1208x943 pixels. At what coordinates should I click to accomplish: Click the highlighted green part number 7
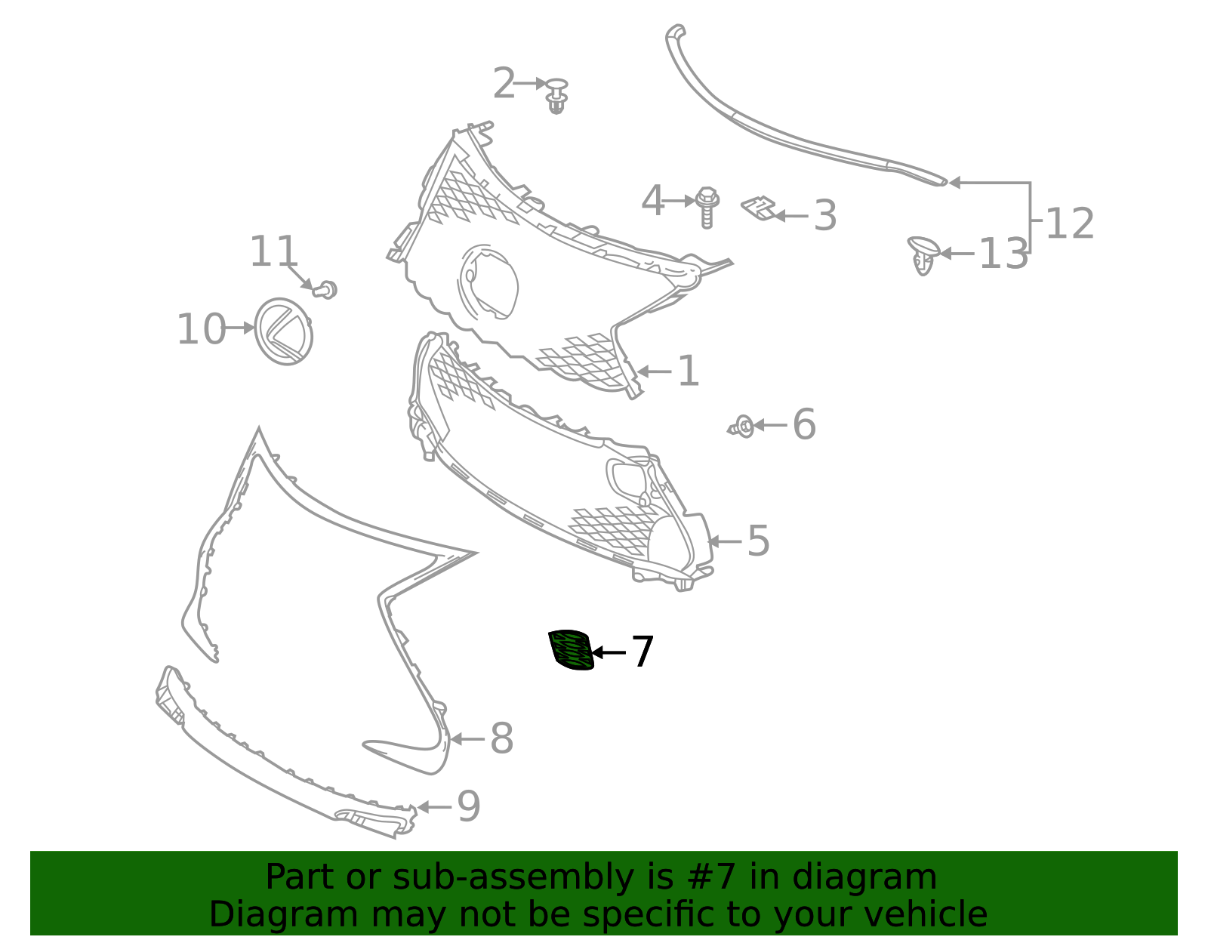(x=571, y=649)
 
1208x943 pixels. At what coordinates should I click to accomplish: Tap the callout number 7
(x=642, y=652)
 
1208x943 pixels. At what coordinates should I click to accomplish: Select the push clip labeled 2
(x=557, y=95)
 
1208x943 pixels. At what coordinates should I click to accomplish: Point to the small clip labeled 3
(x=760, y=208)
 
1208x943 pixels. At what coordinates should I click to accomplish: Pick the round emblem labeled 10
(x=284, y=331)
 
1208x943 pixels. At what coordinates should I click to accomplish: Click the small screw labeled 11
(x=325, y=289)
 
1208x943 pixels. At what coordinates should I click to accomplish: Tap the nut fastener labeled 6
(x=743, y=427)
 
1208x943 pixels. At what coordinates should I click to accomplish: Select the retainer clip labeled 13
(x=923, y=254)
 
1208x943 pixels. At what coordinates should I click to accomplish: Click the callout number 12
(x=1069, y=224)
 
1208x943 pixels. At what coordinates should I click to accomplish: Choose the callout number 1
(x=688, y=371)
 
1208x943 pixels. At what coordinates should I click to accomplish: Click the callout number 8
(x=501, y=738)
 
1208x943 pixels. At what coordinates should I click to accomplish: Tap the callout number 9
(x=468, y=806)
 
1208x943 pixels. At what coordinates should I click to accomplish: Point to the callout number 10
(x=201, y=329)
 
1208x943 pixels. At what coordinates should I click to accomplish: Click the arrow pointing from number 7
(x=609, y=652)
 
